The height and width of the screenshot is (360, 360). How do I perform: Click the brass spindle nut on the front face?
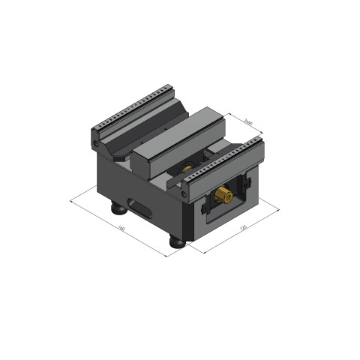[x=223, y=196]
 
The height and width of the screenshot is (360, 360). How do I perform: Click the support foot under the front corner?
[x=178, y=241]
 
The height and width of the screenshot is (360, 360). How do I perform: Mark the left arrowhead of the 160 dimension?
[x=72, y=201]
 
